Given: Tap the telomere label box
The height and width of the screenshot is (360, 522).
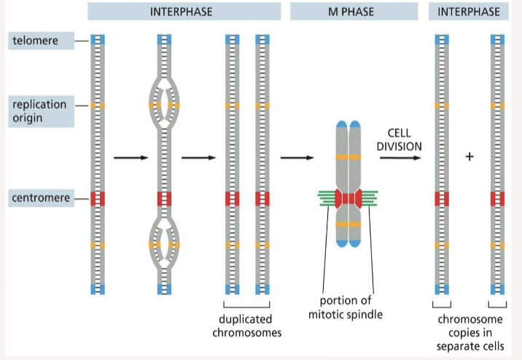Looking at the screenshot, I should [x=42, y=41].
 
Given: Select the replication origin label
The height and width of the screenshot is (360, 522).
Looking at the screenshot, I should [x=42, y=111].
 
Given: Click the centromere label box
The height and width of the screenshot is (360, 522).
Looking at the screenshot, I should [x=42, y=198].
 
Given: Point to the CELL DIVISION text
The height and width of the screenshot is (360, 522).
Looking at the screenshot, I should [x=399, y=139].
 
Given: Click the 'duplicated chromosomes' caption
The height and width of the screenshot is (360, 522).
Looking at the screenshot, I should [x=246, y=326].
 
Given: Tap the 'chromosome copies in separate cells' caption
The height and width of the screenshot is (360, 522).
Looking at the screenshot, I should [x=470, y=333].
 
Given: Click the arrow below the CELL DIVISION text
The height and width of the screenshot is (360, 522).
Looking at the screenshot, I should [x=400, y=157].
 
